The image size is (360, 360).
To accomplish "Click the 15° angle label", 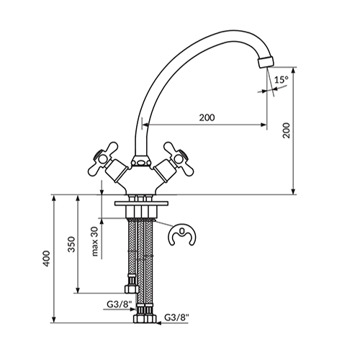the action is point(282,80).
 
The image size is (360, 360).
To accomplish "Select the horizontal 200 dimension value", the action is point(207,117).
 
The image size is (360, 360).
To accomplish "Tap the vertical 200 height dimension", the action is point(286,130).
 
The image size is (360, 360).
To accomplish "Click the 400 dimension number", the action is point(47,258).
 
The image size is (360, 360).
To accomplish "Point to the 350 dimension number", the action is point(71,245).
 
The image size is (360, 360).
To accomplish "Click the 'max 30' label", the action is point(95,241).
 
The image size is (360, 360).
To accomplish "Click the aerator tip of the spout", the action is point(266,62).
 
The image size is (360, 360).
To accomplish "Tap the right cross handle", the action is point(178,158).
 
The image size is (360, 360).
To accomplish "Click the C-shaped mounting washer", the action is point(182,235).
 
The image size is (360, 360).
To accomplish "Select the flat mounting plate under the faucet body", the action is point(142,204).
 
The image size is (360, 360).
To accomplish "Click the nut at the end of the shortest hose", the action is point(132,289).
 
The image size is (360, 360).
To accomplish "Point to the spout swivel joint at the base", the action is point(141,161).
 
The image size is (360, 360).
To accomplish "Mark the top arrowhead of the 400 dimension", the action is point(54,198).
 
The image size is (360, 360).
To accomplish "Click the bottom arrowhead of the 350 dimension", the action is point(78,289).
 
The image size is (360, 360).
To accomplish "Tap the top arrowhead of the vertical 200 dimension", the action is point(293,71).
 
